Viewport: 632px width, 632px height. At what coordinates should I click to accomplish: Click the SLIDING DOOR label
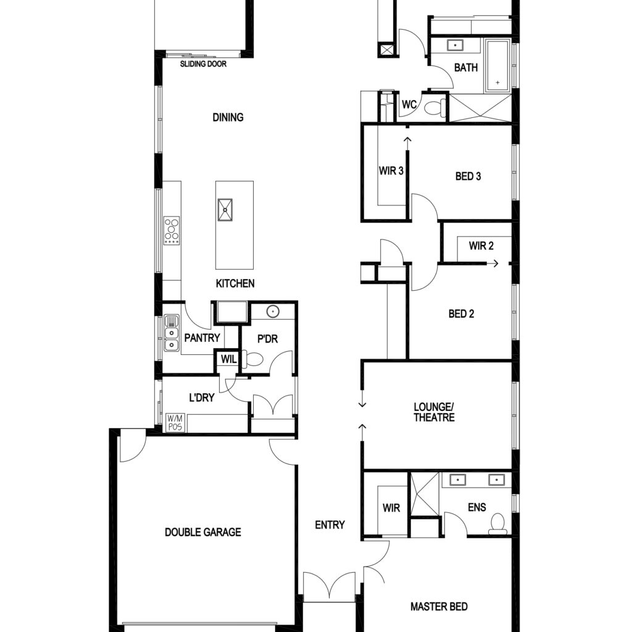203,64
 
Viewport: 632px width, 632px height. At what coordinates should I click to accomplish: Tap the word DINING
228,117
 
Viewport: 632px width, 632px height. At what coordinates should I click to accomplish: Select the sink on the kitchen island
225,210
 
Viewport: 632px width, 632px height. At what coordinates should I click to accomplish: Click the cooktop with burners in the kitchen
172,230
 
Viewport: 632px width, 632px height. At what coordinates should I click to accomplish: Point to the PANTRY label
202,338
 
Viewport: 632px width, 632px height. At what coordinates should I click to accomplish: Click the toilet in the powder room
252,359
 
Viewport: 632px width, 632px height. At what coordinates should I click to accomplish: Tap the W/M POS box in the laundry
175,423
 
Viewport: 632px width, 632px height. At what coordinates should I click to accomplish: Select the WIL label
229,359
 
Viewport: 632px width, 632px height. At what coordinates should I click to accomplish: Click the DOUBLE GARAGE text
203,532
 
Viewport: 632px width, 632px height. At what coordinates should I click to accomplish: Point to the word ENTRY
330,525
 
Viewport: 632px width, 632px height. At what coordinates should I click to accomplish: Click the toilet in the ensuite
498,523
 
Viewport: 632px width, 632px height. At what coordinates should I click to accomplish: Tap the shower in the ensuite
425,494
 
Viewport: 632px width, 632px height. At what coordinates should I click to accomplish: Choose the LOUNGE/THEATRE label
434,412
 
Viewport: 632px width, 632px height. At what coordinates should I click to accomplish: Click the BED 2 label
462,314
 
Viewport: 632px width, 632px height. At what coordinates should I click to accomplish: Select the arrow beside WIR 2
493,264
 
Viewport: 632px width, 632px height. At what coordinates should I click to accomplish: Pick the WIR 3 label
391,171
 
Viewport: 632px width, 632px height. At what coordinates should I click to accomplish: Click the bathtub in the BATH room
498,65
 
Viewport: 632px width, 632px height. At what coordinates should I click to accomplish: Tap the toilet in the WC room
435,107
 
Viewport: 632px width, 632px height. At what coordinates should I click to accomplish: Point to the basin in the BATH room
455,45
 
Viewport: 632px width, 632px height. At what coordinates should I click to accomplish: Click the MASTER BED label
439,606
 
